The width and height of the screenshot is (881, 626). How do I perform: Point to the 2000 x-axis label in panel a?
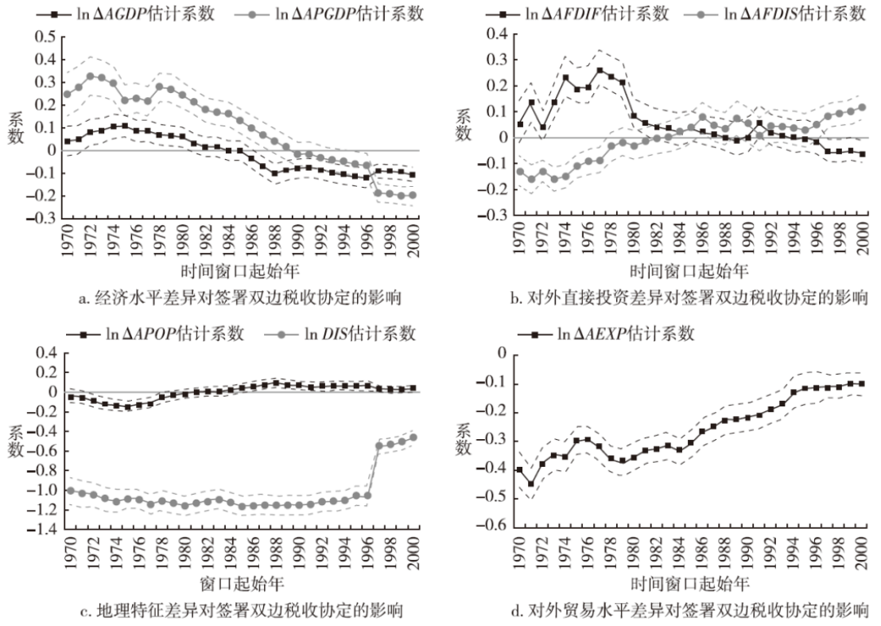[x=413, y=241]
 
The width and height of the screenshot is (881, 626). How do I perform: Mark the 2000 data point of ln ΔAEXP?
[x=862, y=383]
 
